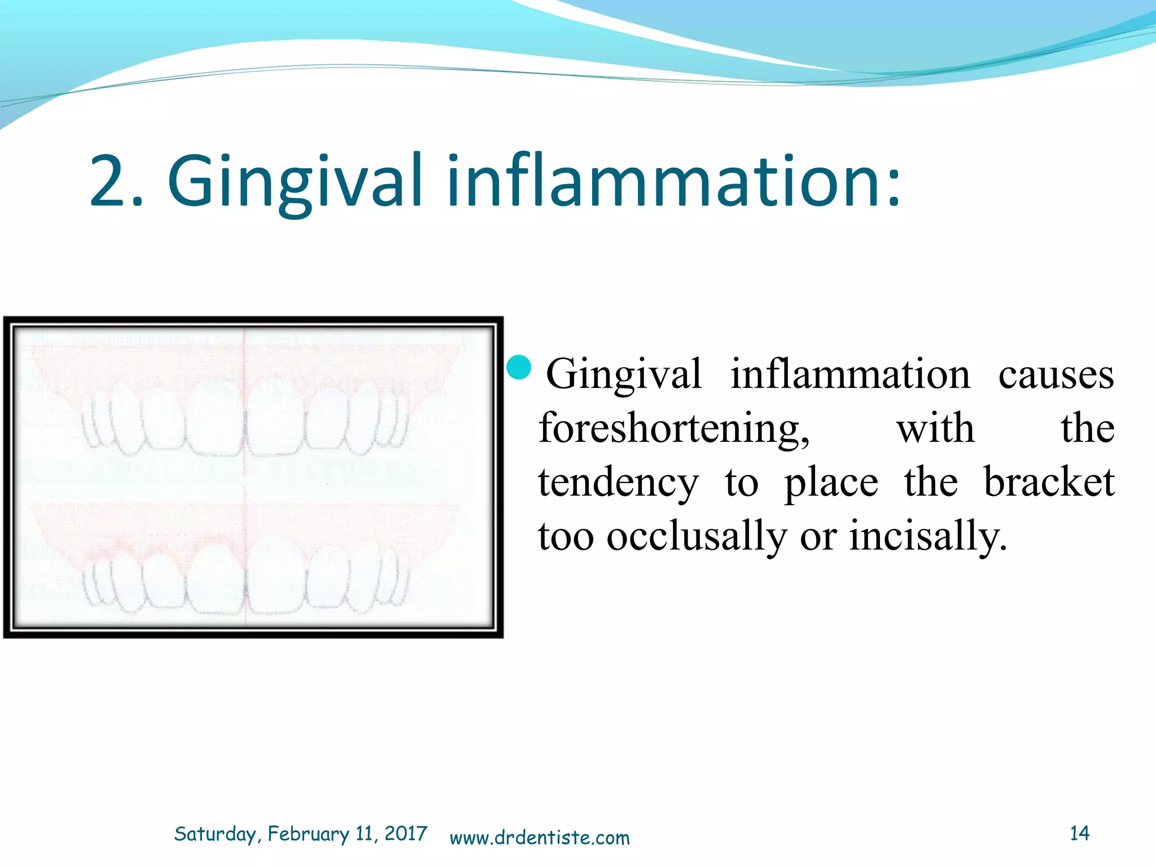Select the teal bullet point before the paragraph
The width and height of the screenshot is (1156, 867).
pos(519,368)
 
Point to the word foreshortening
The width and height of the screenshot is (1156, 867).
pos(674,428)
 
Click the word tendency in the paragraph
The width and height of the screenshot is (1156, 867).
pos(618,483)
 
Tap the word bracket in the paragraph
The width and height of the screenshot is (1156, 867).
pos(1049,483)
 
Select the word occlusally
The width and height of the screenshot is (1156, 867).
pos(697,536)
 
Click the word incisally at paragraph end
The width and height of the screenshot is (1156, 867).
pos(928,536)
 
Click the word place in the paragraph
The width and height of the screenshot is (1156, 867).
pos(831,483)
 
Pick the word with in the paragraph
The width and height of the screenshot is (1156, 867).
pos(935,428)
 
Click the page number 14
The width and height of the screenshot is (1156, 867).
pos(1079,833)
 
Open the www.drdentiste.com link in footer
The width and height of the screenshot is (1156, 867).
pos(540,837)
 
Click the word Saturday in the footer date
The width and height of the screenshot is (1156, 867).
pos(217,834)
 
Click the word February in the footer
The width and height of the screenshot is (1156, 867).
pos(308,834)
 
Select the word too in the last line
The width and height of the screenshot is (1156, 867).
pos(566,536)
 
